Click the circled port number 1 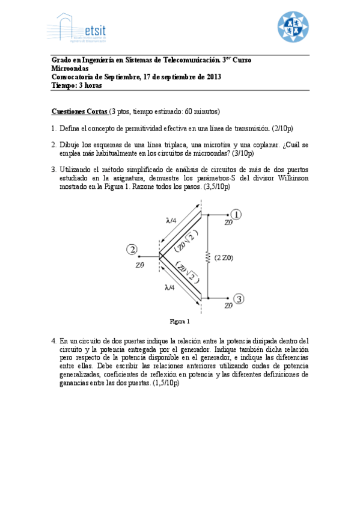[x=237, y=214]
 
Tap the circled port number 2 [x=132, y=250]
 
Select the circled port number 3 [x=239, y=298]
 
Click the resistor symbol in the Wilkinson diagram [x=208, y=257]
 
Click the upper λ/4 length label [x=171, y=220]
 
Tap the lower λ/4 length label [x=169, y=287]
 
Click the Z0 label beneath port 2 [x=140, y=264]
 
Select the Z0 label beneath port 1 [x=228, y=223]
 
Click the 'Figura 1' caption [x=180, y=321]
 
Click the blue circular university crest [x=293, y=27]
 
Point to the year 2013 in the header [x=213, y=77]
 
